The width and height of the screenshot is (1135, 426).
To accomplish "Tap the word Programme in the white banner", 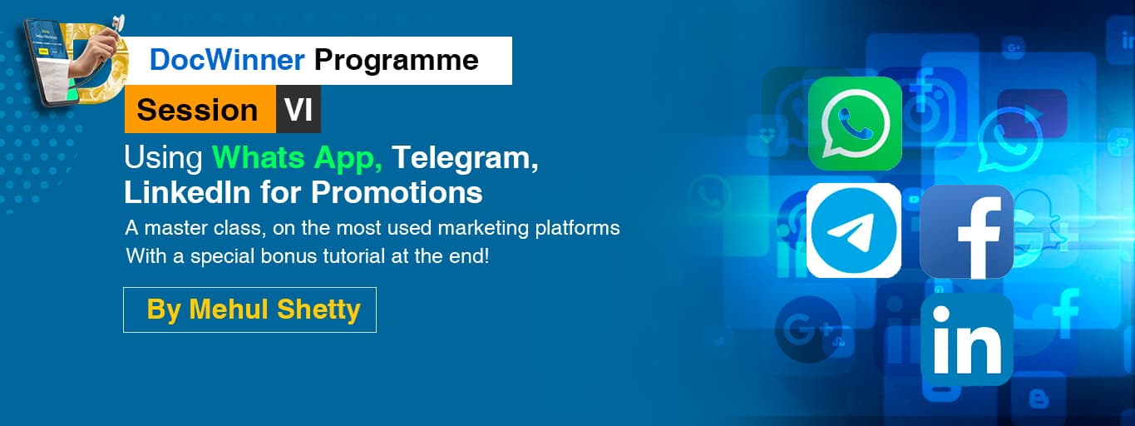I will (x=397, y=60).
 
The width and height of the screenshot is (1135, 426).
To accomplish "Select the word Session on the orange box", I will (x=197, y=110).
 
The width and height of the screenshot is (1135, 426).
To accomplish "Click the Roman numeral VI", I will (x=299, y=110).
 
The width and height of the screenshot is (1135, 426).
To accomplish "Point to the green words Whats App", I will (x=297, y=157).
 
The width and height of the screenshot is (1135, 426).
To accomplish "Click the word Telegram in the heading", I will (x=465, y=158).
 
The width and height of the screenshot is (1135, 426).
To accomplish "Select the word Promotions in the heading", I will (x=397, y=192).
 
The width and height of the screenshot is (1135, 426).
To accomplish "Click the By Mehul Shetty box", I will (x=249, y=310).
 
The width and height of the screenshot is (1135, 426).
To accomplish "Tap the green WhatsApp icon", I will (x=855, y=124).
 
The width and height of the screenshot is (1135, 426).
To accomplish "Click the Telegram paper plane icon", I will (x=854, y=230).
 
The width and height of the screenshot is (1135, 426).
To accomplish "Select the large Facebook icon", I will (x=966, y=231).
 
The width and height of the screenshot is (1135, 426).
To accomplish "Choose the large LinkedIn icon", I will (x=966, y=339).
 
